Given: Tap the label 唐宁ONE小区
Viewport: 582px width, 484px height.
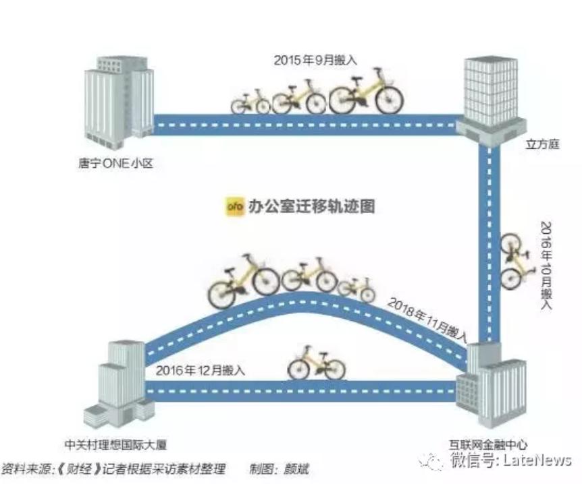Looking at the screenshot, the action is pyautogui.click(x=116, y=163).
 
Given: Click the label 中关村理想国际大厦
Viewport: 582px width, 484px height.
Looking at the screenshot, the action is pyautogui.click(x=116, y=444).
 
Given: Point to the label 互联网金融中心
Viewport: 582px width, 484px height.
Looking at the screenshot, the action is pyautogui.click(x=487, y=444).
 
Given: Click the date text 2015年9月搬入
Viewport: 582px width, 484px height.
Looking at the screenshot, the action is pyautogui.click(x=315, y=60).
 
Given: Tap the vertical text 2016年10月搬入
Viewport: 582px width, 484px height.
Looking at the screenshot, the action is pyautogui.click(x=546, y=266).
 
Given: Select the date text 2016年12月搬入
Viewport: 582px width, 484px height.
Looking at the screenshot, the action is pyautogui.click(x=201, y=370).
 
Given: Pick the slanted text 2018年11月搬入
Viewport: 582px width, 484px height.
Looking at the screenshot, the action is pyautogui.click(x=427, y=320).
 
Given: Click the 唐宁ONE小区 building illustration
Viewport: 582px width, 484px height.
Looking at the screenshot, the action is pyautogui.click(x=119, y=102).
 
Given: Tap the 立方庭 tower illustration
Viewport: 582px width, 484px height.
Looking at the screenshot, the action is pyautogui.click(x=491, y=98).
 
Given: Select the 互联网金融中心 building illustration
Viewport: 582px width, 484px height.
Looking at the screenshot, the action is pyautogui.click(x=491, y=386).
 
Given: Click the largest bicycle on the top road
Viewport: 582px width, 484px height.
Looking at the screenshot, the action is pyautogui.click(x=365, y=92).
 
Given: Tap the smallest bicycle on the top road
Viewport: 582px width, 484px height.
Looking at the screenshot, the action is pyautogui.click(x=250, y=102).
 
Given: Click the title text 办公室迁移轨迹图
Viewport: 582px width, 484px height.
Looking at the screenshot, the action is pyautogui.click(x=311, y=206).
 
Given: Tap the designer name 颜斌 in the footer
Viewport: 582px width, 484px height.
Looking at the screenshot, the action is pyautogui.click(x=296, y=468).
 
